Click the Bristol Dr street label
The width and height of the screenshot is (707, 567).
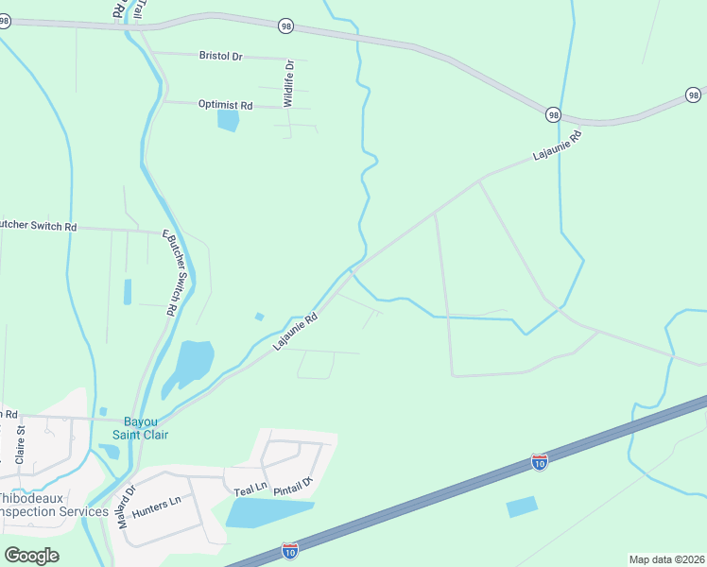point(221,56)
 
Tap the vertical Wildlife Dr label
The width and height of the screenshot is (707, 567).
point(289,82)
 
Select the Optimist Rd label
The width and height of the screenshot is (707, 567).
point(226,105)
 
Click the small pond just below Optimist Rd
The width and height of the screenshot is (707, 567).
point(228,120)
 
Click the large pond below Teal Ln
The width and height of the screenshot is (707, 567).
point(265,512)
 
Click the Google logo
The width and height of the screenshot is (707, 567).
point(31,555)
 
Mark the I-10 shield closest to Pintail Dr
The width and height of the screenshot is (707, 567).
point(290,549)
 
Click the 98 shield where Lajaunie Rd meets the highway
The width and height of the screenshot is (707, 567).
point(553,114)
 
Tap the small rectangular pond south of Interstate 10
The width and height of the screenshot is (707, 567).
point(522,507)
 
